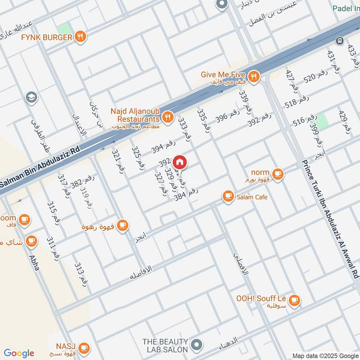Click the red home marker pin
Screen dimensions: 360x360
[180, 162]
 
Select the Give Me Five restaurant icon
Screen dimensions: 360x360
[254, 76]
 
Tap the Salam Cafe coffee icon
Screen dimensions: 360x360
[228, 197]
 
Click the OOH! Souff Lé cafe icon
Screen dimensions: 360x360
[294, 300]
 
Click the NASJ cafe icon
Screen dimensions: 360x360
[83, 347]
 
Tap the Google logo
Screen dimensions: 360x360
[18, 353]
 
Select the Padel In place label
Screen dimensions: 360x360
[346, 9]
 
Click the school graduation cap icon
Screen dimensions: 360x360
[31, 97]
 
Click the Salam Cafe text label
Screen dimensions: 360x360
[252, 197]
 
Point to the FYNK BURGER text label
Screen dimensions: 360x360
[46, 37]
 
